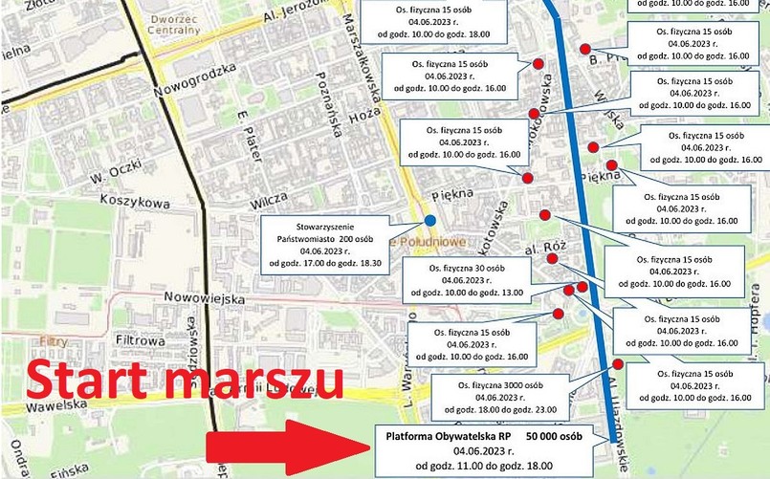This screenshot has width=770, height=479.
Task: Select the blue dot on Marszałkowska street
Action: (429, 221)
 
